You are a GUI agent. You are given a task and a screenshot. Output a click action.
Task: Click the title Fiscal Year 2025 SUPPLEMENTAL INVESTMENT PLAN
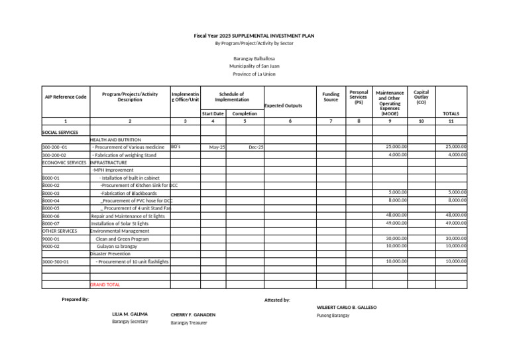coord(254,34)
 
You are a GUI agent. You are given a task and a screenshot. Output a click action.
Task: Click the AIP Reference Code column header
coord(66,97)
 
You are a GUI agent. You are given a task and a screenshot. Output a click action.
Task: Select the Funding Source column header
coord(330,97)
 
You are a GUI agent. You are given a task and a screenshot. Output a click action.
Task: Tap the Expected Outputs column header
coord(283,105)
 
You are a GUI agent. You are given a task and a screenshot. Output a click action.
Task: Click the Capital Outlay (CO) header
coord(421,97)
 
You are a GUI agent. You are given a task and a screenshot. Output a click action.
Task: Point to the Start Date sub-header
coord(213,113)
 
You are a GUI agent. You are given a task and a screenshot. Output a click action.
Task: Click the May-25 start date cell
coord(217,147)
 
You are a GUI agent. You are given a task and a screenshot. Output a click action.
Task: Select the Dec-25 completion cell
coord(256,147)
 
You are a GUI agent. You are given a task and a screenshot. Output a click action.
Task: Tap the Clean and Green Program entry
coord(122,239)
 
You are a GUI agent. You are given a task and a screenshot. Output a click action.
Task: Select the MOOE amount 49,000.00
coord(396,223)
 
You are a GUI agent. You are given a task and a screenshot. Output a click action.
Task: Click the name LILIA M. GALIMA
coord(130,314)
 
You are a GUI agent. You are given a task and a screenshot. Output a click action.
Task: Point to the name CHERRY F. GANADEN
coord(193,314)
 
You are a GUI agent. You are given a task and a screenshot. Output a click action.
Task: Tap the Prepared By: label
coord(75,300)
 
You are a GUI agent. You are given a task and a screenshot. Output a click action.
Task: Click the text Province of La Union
coord(254,74)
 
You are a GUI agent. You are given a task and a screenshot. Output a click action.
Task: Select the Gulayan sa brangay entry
coord(117,246)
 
